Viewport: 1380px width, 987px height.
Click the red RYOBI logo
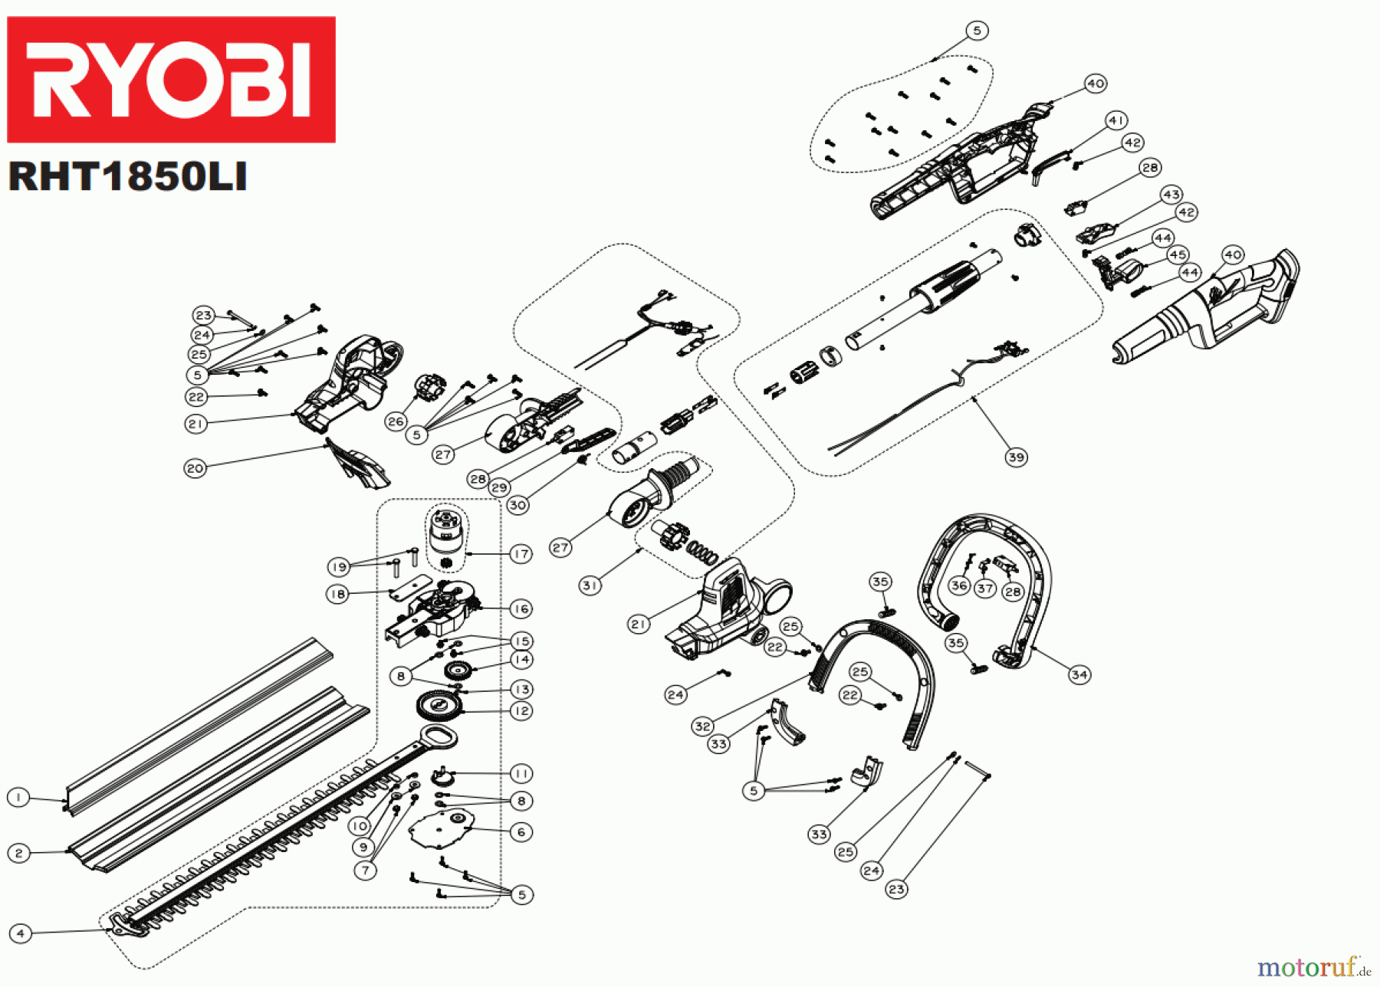point(171,80)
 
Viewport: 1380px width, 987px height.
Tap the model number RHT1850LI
point(127,177)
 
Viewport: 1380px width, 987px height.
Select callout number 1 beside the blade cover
point(18,798)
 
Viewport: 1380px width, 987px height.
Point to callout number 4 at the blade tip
point(20,933)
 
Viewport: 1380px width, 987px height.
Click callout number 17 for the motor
point(521,553)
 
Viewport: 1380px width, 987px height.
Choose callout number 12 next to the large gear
point(521,710)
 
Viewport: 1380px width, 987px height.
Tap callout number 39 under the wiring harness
point(1016,457)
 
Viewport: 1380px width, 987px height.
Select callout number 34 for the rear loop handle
point(1079,674)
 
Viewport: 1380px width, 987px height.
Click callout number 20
point(195,468)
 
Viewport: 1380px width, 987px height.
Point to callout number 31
point(590,585)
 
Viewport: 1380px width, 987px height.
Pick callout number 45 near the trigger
point(1178,254)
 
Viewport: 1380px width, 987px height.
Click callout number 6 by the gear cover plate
point(521,832)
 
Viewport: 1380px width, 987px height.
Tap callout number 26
point(396,421)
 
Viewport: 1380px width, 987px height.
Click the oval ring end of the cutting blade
point(438,737)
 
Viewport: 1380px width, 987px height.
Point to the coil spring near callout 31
point(700,549)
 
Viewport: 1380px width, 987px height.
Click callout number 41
point(1116,120)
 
